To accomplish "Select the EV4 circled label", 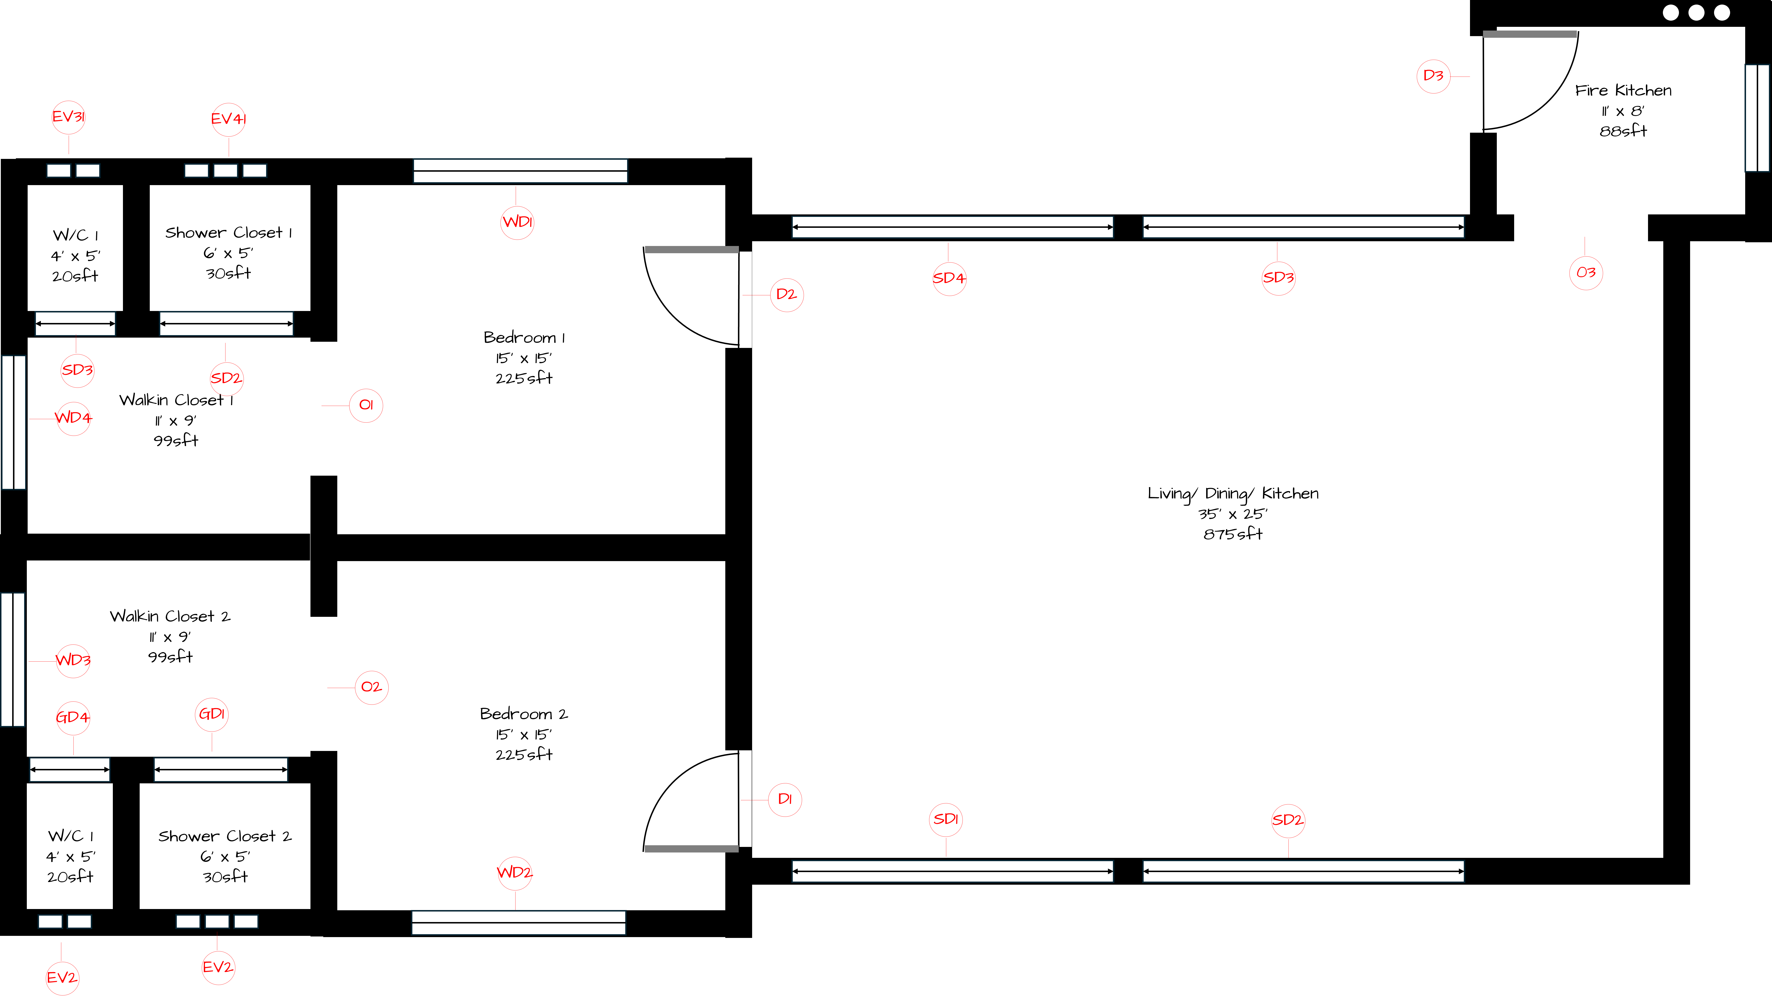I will [228, 119].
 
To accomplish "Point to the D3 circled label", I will [1433, 76].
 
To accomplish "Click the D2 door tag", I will [786, 294].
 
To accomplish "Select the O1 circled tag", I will [366, 405].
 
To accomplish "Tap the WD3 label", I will [73, 661].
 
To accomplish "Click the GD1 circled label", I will [212, 714].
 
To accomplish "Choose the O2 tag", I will [372, 687].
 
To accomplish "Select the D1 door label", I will [785, 799].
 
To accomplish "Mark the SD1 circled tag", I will [946, 819].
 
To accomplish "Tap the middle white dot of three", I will [1696, 12].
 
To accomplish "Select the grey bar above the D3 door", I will [1530, 34].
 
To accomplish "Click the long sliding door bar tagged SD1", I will [953, 871].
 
